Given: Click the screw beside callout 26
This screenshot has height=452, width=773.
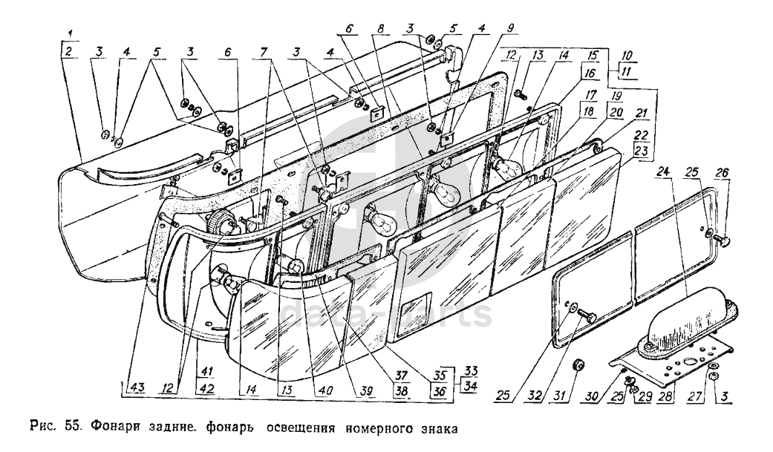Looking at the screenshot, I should tap(725, 241).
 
